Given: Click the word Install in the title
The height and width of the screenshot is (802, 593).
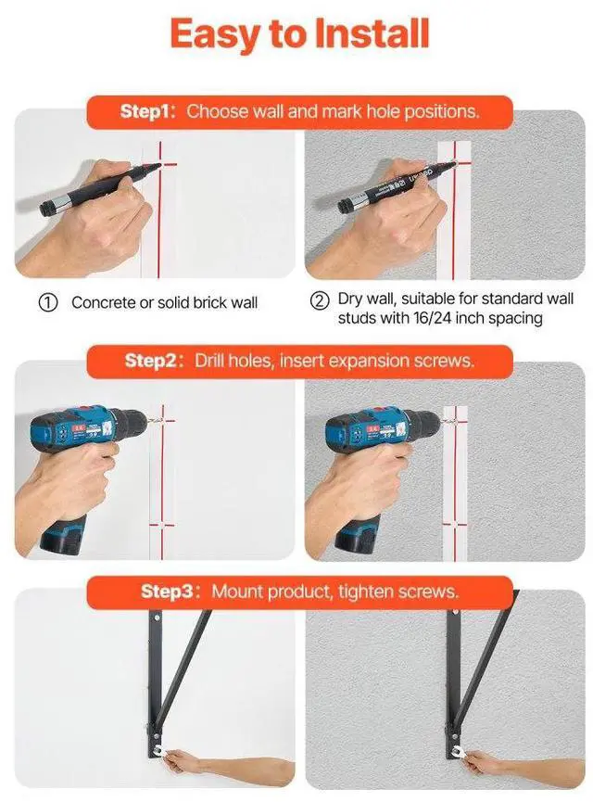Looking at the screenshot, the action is pyautogui.click(x=372, y=33).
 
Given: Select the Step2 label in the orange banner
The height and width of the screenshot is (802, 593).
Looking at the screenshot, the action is pyautogui.click(x=150, y=361).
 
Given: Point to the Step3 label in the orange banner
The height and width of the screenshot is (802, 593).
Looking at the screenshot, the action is pyautogui.click(x=167, y=592).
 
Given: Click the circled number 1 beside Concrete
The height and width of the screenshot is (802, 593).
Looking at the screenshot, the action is pyautogui.click(x=48, y=302).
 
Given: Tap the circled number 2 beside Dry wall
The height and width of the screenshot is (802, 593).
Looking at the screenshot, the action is pyautogui.click(x=320, y=300).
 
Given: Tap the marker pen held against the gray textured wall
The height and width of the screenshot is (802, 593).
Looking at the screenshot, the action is pyautogui.click(x=397, y=185).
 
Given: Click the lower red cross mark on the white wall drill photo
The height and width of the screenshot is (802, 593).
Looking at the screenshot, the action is pyautogui.click(x=161, y=525).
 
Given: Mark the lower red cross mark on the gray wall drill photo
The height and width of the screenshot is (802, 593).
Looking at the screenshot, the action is pyautogui.click(x=454, y=524).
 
